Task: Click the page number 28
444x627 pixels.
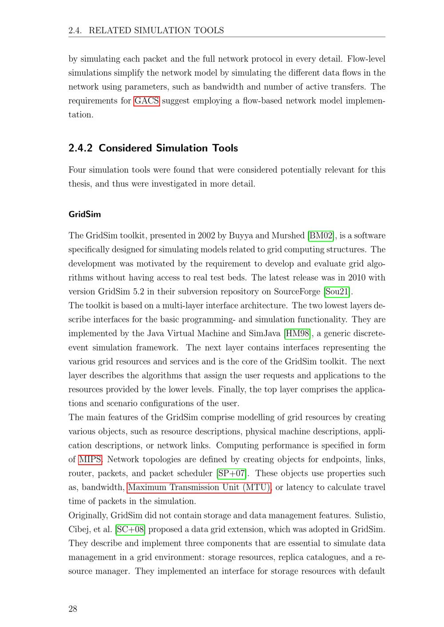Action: [73, 609]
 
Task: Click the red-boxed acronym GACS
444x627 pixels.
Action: [147, 101]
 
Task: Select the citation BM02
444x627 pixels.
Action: [321, 235]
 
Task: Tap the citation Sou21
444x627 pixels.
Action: [337, 292]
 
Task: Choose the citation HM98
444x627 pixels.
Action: [297, 333]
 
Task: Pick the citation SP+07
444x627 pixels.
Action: [232, 473]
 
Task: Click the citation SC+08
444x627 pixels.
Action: [131, 529]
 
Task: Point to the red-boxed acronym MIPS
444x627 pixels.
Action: [91, 459]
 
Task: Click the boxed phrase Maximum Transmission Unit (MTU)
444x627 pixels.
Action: [199, 487]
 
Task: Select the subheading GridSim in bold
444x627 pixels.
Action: [85, 214]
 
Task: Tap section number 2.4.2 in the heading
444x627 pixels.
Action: [80, 148]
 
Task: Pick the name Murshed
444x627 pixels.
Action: [288, 235]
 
